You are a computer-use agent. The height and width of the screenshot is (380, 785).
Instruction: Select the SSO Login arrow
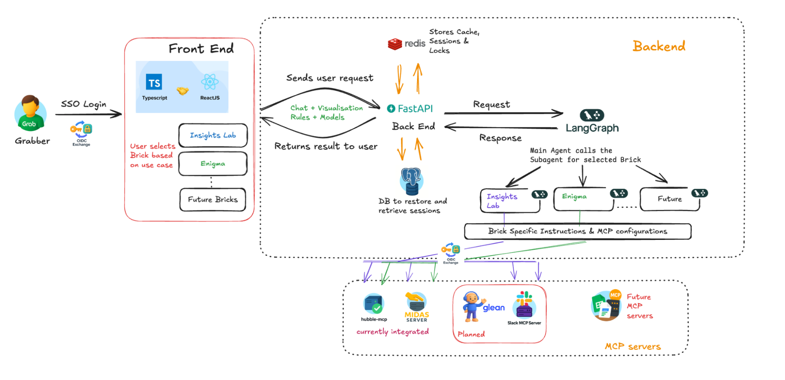pos(88,114)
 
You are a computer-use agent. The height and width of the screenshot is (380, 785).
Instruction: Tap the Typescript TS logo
pos(154,82)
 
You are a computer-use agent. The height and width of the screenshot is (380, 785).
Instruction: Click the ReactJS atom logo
pos(210,82)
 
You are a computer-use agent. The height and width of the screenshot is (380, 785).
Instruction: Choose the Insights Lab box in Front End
pos(213,135)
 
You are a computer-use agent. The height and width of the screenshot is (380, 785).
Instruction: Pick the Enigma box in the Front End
pos(213,164)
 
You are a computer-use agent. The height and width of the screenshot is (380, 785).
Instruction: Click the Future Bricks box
pos(213,200)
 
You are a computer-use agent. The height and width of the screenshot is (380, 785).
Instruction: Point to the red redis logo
pos(395,44)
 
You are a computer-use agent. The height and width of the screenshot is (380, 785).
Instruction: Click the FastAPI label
pos(410,109)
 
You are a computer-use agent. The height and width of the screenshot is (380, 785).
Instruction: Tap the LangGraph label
pos(592,128)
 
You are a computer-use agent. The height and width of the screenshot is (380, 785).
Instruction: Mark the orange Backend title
pos(659,46)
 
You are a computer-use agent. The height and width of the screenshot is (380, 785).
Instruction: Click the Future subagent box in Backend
pos(670,199)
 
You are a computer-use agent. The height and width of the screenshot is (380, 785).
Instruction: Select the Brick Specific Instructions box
pos(578,231)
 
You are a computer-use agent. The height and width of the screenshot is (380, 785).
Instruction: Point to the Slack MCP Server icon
pos(524,305)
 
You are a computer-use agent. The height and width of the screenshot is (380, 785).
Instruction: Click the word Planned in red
pos(471,334)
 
